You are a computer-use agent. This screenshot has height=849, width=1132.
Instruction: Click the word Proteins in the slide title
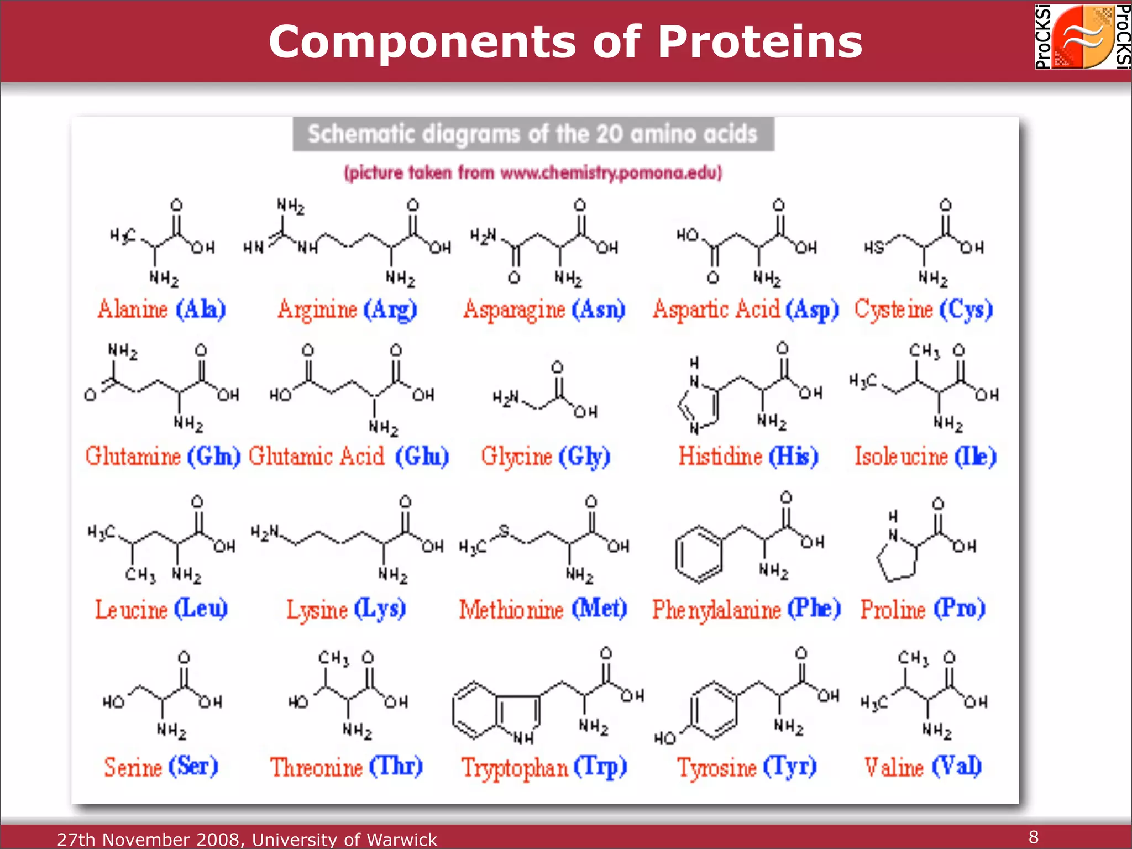(x=760, y=42)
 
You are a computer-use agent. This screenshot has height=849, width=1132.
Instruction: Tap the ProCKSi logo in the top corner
(x=1082, y=36)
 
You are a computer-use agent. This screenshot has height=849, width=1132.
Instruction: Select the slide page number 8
(x=1033, y=837)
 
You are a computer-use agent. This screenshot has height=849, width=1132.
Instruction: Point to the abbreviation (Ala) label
(x=201, y=310)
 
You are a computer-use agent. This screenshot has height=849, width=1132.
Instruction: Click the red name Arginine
(x=318, y=310)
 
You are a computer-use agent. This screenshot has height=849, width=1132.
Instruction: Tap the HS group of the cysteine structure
(x=874, y=247)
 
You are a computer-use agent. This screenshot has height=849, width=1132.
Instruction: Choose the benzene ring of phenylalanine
(x=698, y=554)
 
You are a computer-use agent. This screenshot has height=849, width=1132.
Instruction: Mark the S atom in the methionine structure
(x=504, y=531)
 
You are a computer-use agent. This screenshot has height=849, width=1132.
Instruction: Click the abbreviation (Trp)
(x=600, y=767)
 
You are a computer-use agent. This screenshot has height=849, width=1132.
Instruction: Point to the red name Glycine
(x=516, y=457)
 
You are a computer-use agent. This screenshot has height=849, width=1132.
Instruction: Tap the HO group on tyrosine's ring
(x=665, y=738)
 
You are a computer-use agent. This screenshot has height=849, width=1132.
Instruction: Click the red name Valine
(x=894, y=767)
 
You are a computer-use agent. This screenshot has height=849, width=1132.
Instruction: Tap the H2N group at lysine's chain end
(x=265, y=532)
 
